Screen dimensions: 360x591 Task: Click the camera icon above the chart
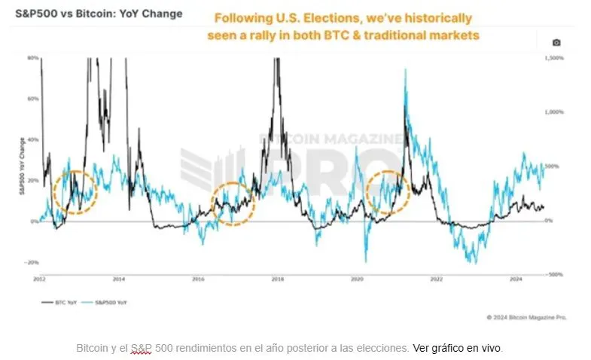pyautogui.click(x=556, y=42)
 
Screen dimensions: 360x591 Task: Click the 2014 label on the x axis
pyautogui.click(x=119, y=279)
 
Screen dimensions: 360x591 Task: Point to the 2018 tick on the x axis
pyautogui.click(x=277, y=279)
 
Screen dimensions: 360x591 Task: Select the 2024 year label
pyautogui.click(x=516, y=279)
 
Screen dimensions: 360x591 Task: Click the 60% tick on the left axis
pyautogui.click(x=33, y=99)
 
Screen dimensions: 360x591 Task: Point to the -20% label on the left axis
pyautogui.click(x=32, y=262)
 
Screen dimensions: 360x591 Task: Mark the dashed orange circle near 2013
pyautogui.click(x=76, y=193)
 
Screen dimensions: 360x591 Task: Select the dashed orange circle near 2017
pyautogui.click(x=234, y=203)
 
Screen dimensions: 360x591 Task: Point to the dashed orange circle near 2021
pyautogui.click(x=388, y=191)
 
